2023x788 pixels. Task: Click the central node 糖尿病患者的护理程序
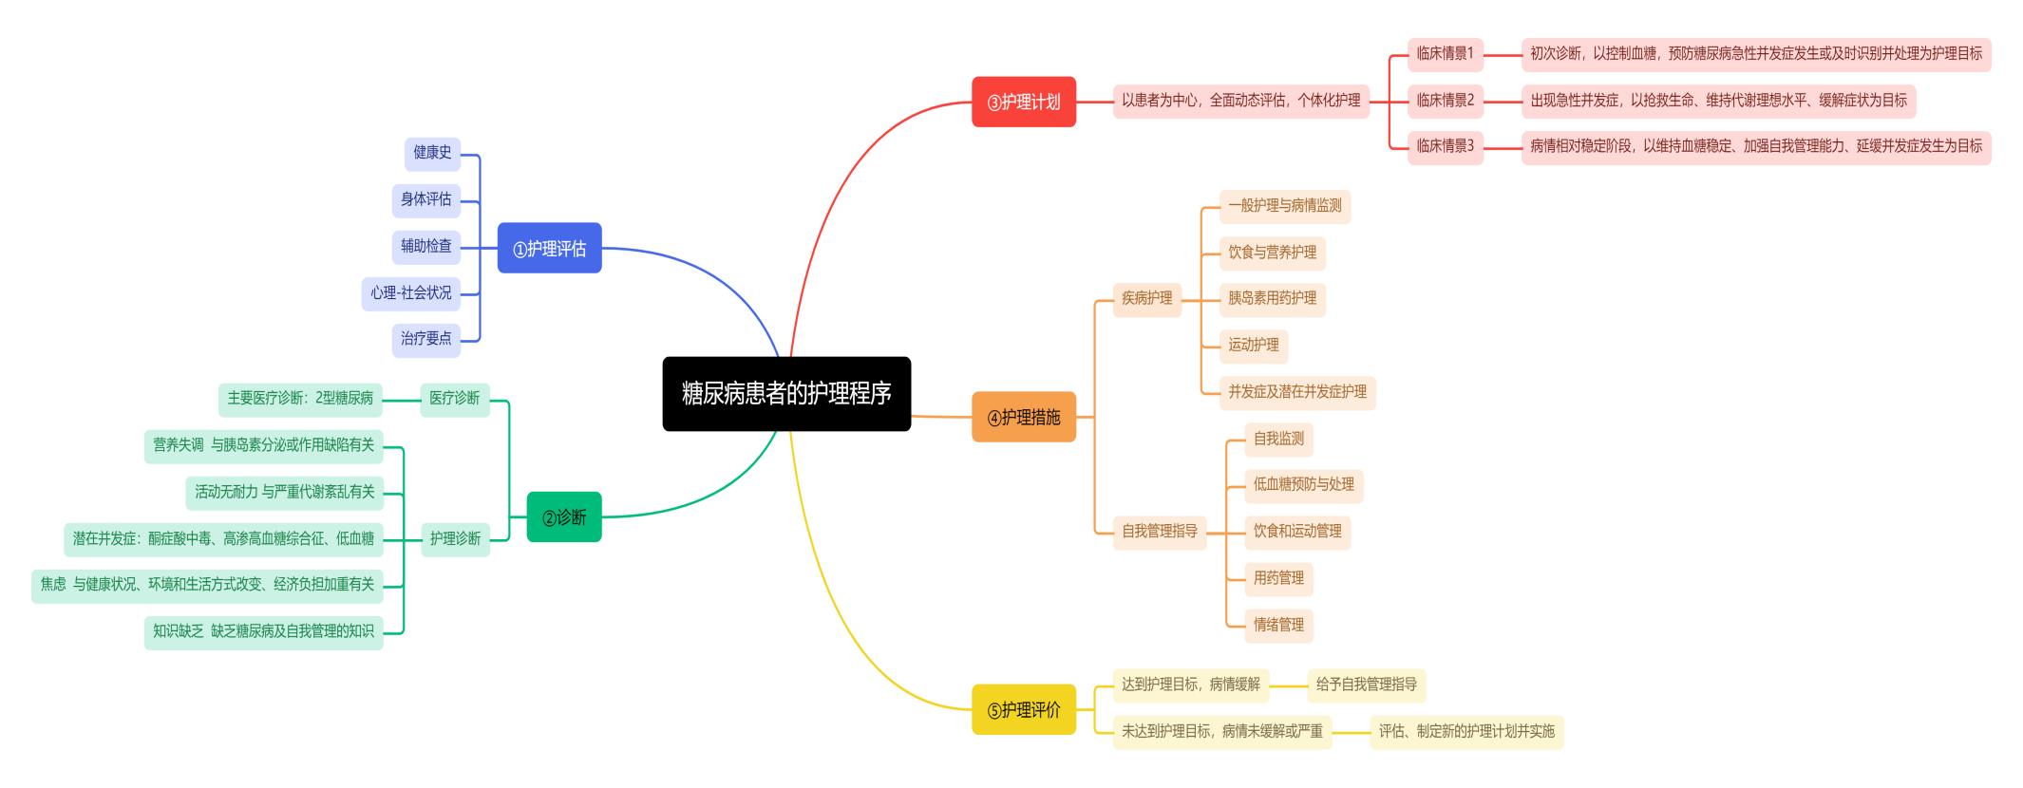click(786, 394)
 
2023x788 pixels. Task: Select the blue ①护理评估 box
click(549, 248)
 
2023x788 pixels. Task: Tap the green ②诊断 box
click(564, 516)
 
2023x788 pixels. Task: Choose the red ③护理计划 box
click(1023, 102)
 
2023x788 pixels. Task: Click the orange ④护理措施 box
click(1023, 417)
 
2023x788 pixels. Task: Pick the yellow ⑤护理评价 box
click(1023, 709)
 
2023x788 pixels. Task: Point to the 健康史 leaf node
click(432, 153)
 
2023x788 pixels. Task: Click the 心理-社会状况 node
click(410, 292)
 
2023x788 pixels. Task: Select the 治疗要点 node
click(425, 339)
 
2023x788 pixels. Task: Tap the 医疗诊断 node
click(454, 398)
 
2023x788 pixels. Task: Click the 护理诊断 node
click(455, 538)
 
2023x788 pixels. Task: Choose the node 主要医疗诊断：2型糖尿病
click(300, 399)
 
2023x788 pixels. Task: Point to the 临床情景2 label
click(1445, 100)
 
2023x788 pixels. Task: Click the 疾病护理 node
click(1146, 298)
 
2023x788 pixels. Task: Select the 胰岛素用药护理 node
click(1272, 298)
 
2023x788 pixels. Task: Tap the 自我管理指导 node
click(1159, 531)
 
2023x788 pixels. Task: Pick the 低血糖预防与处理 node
click(1303, 484)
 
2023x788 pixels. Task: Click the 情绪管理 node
click(1278, 625)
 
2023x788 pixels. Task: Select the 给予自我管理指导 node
click(1366, 685)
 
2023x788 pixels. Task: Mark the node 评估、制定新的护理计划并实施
click(1465, 731)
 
